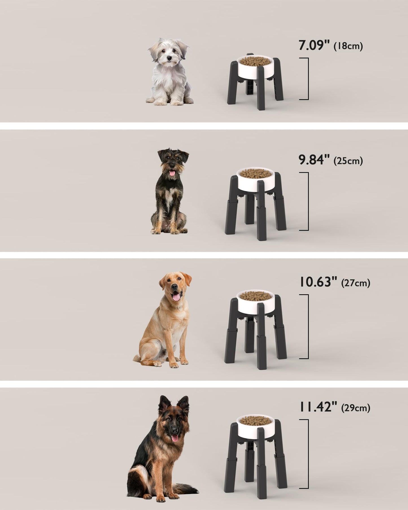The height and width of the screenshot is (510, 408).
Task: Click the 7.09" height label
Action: [314, 45]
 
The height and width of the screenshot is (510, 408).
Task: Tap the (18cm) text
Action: [348, 46]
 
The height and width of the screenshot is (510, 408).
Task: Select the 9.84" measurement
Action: [314, 160]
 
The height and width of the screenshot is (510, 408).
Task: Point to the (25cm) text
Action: [348, 161]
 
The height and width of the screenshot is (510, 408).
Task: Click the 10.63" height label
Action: [318, 282]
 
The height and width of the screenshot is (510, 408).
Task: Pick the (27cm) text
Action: [355, 283]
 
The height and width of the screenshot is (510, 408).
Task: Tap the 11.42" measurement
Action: [318, 407]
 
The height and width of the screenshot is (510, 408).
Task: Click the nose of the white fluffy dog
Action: [169, 58]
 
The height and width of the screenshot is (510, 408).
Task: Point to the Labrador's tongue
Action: [176, 297]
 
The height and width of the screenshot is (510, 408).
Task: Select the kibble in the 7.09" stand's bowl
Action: [255, 61]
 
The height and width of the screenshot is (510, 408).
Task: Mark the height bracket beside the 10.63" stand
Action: [307, 326]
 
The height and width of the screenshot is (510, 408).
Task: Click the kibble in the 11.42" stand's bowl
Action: [255, 420]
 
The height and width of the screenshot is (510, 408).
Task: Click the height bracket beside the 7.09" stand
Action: [307, 79]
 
